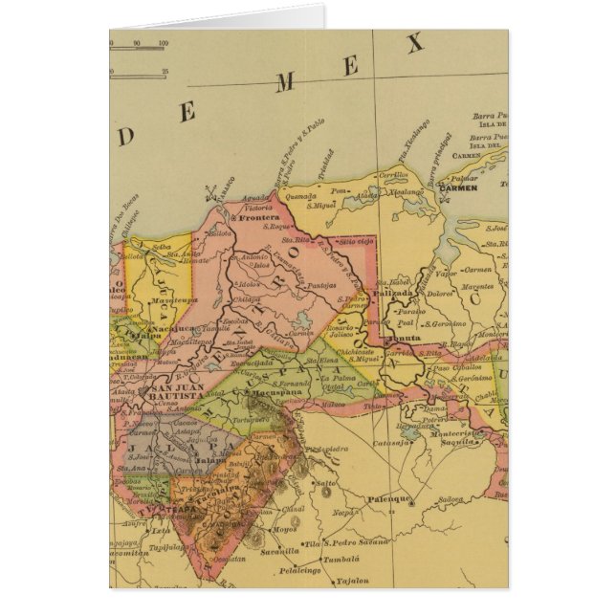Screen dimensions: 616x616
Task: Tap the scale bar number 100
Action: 164,43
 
